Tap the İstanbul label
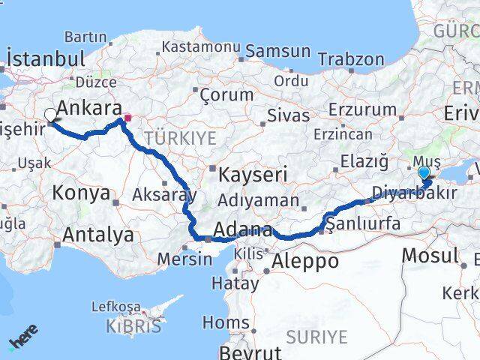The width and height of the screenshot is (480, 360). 45,59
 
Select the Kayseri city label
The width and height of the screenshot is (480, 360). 253,175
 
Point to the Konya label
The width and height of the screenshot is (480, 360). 81,193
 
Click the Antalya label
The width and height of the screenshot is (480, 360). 98,235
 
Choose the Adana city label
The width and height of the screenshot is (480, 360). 241,229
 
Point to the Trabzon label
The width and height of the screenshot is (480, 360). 350,58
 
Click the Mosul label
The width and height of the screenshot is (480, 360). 430,256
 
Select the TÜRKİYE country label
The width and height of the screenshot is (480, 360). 180,138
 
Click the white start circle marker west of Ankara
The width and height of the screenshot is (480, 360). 50,115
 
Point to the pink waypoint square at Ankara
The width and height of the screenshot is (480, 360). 127,118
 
